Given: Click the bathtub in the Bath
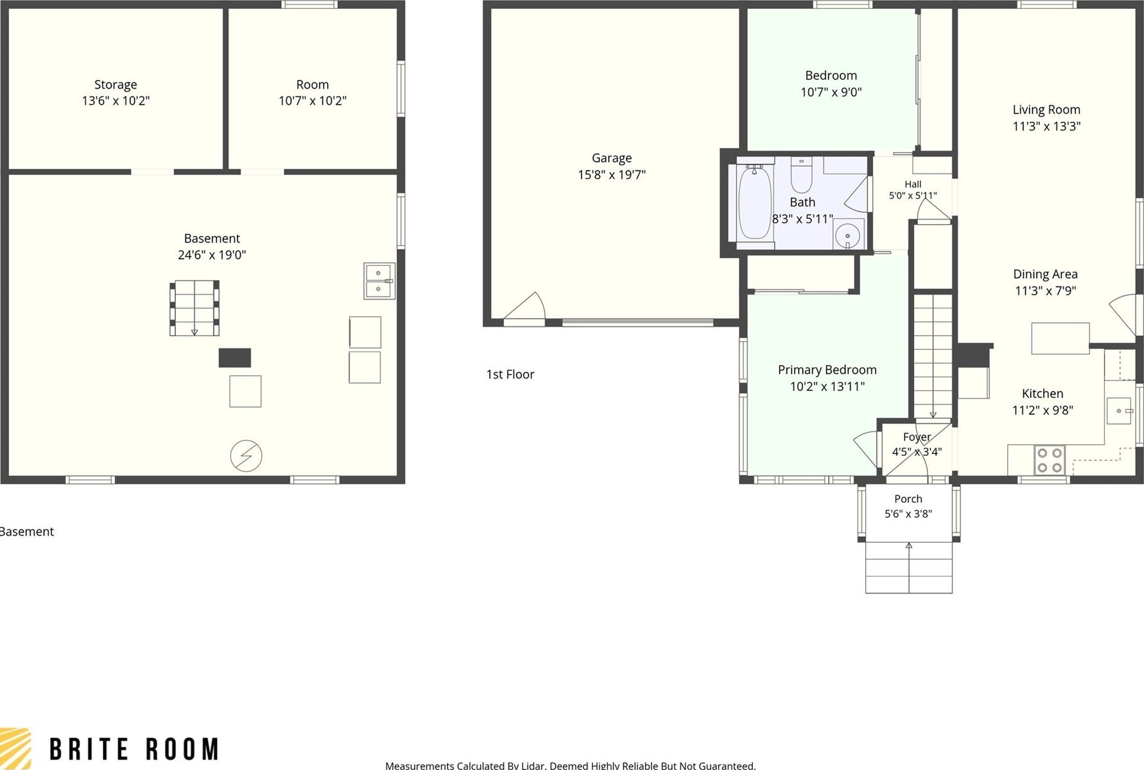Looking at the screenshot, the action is coord(755,202).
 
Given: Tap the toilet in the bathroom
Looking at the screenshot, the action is coord(801,175).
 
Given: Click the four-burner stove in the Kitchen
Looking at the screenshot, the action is coord(1049,460).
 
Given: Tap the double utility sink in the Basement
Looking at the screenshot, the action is coord(379,281).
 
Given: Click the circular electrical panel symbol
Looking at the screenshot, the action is coord(246,456).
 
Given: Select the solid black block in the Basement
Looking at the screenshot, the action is coord(235,357).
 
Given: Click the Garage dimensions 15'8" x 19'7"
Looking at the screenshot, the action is coord(611,175).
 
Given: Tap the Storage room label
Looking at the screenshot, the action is coord(116,84).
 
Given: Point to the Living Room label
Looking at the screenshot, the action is coord(1046,110).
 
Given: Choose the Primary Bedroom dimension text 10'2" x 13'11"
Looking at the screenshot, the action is coord(827,386).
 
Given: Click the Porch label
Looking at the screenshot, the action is coord(908,499).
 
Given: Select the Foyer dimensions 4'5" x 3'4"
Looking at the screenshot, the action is coord(917,452).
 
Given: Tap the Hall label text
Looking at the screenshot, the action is coord(913,184).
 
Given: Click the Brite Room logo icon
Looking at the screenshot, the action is coord(15,748).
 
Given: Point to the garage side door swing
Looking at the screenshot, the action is coord(526,307).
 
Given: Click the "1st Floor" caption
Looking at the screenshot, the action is coord(510,375).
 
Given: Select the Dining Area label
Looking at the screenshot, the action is coord(1045,274).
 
